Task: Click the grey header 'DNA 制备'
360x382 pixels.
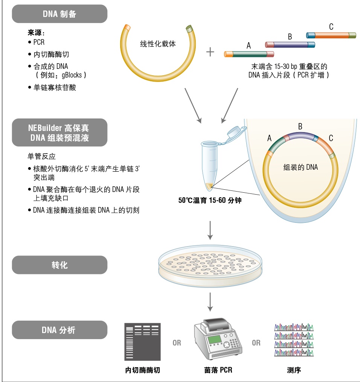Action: pyautogui.click(x=59, y=14)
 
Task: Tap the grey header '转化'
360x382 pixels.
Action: pyautogui.click(x=59, y=265)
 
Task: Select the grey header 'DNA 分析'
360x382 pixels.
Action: pyautogui.click(x=59, y=330)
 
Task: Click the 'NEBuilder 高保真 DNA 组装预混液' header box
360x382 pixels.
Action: pyautogui.click(x=59, y=132)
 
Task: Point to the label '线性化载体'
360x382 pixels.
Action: pyautogui.click(x=158, y=44)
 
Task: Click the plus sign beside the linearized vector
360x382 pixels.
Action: pyautogui.click(x=210, y=52)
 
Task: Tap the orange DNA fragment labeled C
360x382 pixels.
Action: pyautogui.click(x=331, y=35)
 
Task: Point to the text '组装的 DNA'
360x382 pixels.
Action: pyautogui.click(x=300, y=167)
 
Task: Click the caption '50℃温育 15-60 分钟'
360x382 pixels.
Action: pyautogui.click(x=210, y=201)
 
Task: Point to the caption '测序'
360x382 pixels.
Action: pyautogui.click(x=294, y=370)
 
